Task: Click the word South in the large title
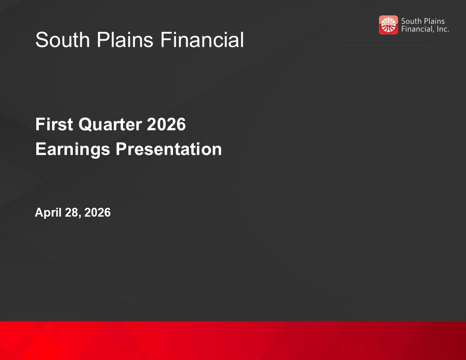tap(63, 40)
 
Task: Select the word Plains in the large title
tap(125, 40)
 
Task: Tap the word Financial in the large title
tap(202, 40)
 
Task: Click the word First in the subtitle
tap(54, 124)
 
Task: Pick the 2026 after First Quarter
tap(166, 124)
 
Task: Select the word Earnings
tap(73, 150)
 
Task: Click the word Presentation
tap(169, 149)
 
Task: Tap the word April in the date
tap(49, 213)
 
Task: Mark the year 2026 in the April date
tap(98, 213)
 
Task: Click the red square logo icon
tap(388, 25)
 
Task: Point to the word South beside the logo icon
tap(411, 21)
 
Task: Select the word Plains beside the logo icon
tap(434, 21)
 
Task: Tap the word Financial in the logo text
tap(418, 29)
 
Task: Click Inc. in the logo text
tap(443, 29)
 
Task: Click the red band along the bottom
tap(233, 341)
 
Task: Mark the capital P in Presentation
tap(121, 149)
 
